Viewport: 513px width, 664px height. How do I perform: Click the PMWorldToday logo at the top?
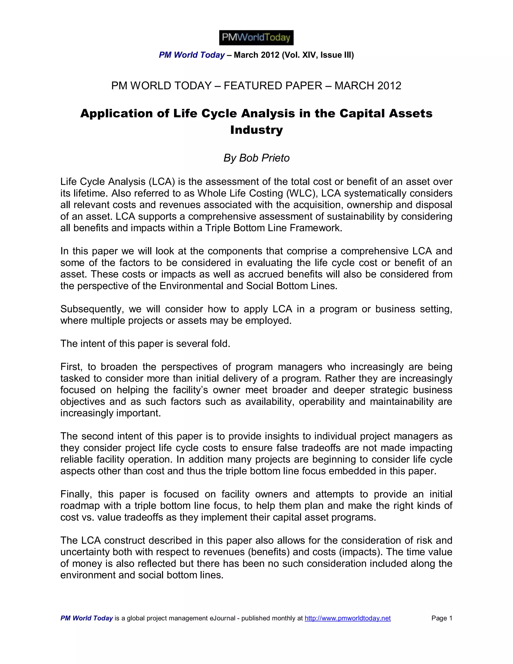[x=256, y=38]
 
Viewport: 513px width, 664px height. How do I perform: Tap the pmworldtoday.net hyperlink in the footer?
[x=347, y=618]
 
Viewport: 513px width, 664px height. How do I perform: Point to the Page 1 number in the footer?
[x=442, y=618]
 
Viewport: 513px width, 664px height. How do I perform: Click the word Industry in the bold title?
[x=256, y=130]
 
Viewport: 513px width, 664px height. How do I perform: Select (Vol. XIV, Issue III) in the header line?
[x=318, y=55]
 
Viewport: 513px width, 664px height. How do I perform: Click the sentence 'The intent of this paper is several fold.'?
[x=145, y=344]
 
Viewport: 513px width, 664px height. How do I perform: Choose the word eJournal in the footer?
[x=222, y=618]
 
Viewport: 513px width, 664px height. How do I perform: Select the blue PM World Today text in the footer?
[x=87, y=618]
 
